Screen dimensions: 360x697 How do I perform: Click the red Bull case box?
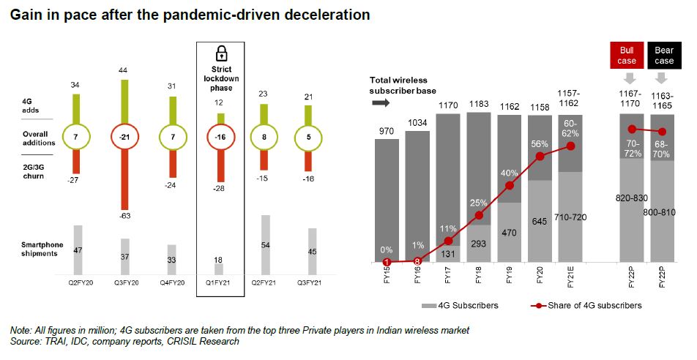[626, 56]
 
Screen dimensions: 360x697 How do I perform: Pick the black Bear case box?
[664, 56]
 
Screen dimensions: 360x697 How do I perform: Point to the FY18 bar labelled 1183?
[480, 187]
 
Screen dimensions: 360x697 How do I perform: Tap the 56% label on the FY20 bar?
[540, 143]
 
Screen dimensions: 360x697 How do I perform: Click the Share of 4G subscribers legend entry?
[586, 305]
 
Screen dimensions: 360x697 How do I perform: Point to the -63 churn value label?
[125, 215]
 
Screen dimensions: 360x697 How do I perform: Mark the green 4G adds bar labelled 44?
[125, 102]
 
